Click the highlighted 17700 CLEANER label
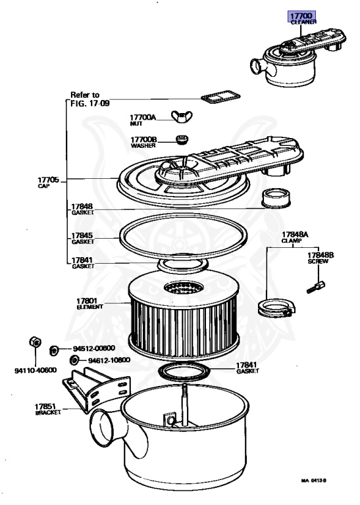coord(302,18)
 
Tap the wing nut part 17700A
coord(182,116)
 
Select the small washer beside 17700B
coord(182,140)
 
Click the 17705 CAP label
coord(48,182)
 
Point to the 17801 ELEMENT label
coord(90,304)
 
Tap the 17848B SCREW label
coord(321,258)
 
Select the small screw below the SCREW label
coord(315,287)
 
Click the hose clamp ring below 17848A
coord(277,308)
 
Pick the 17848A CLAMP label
coord(295,237)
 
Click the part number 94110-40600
coord(36,370)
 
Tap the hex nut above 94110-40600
coord(35,342)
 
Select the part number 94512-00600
coord(94,348)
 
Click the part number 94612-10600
coord(109,360)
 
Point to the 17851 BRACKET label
coord(47,410)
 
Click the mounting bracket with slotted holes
coord(96,390)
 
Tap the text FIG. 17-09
coord(90,103)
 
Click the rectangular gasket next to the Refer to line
coord(220,97)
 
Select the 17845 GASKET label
coord(82,238)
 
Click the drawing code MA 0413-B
coord(313,481)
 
